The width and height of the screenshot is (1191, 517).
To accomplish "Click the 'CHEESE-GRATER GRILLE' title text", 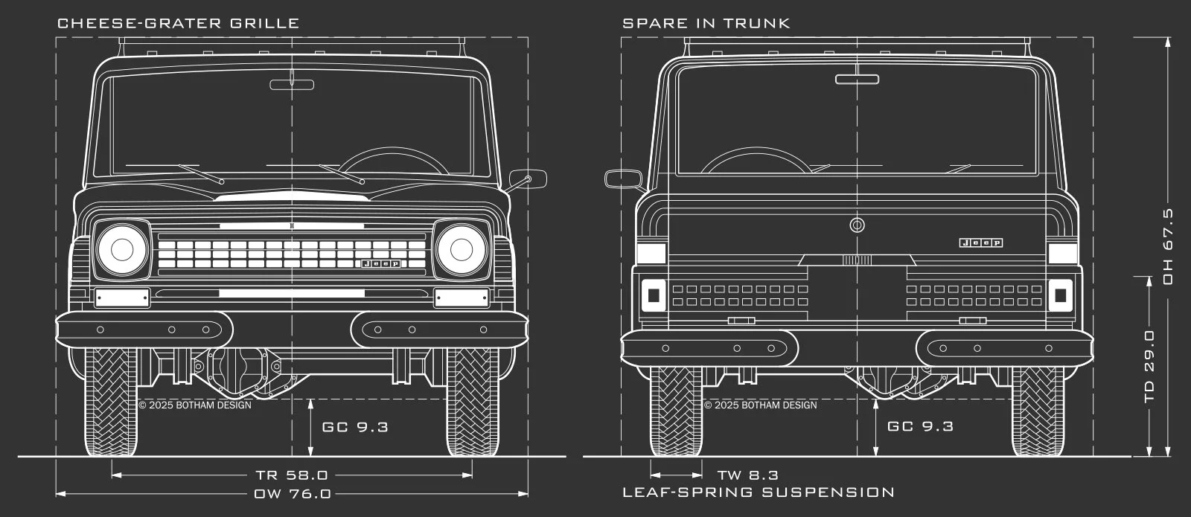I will click(178, 23).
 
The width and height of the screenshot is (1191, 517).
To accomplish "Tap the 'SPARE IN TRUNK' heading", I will click(706, 23).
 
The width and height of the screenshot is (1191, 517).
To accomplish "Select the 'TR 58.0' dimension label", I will click(291, 475).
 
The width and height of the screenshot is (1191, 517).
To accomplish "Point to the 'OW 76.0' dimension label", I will click(292, 493).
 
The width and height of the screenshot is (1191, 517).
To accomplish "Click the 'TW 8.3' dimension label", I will click(747, 475).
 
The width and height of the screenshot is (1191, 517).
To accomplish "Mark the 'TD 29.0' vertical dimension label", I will click(1149, 367).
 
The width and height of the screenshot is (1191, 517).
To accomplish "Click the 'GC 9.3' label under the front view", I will click(355, 427).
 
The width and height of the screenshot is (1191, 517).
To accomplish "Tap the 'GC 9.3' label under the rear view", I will click(920, 426).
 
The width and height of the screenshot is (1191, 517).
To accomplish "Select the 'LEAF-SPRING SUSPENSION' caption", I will click(758, 492).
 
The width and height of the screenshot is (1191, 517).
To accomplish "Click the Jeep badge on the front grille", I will click(380, 263).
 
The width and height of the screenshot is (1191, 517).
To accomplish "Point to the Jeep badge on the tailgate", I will click(980, 243).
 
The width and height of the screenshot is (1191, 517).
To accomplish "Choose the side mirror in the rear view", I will click(622, 179).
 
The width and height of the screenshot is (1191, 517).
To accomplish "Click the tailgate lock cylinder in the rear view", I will click(857, 225).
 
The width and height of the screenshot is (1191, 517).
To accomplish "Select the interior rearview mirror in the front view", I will click(293, 83).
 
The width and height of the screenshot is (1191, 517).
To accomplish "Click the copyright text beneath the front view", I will click(195, 405).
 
